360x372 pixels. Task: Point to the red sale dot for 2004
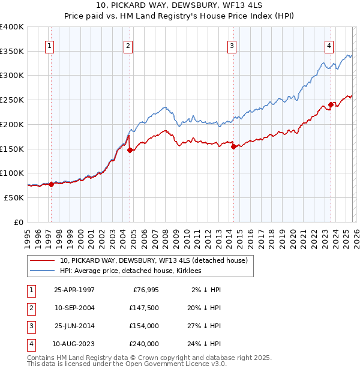pos(130,150)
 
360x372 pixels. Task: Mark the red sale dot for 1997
pos(52,184)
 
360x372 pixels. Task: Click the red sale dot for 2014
pos(233,147)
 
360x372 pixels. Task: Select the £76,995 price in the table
pos(143,290)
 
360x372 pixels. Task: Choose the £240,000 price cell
pos(143,344)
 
